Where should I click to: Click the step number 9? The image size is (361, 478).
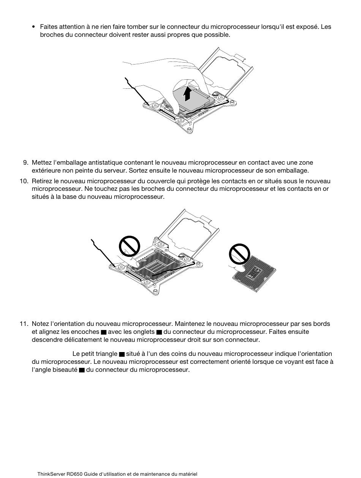click(x=25, y=162)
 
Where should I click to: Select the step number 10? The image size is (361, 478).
click(x=24, y=181)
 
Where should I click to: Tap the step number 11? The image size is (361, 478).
click(x=24, y=324)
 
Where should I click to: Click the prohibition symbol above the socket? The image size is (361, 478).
click(x=129, y=246)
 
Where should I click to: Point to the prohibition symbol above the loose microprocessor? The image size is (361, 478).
click(x=239, y=254)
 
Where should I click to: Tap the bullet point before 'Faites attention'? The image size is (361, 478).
click(x=33, y=27)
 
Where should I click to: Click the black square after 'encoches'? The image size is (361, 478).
click(x=104, y=332)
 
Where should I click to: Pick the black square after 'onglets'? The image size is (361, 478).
click(x=159, y=332)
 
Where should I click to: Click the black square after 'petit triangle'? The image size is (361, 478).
click(x=122, y=354)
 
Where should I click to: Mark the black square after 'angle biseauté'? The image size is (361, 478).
click(x=82, y=370)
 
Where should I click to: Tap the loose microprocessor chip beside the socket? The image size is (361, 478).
click(x=254, y=273)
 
